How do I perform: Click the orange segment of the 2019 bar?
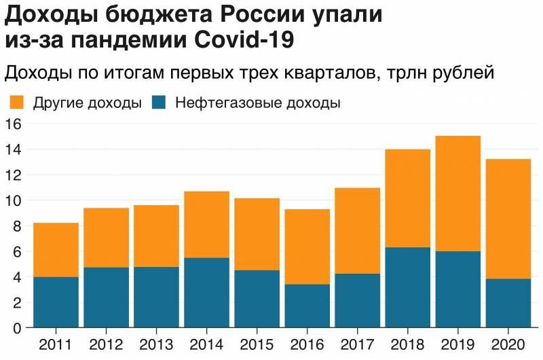458,194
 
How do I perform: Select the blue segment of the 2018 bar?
408,287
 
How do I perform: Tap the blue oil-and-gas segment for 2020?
508,303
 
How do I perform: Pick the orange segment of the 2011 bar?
56,249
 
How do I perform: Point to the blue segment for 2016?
307,306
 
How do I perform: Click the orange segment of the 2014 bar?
206,224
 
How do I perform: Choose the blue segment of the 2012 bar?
106,298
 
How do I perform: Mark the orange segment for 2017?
358,230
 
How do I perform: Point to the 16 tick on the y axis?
14,124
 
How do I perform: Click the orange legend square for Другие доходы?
17,103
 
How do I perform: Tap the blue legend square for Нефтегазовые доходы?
159,103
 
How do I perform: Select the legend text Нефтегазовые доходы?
257,103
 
